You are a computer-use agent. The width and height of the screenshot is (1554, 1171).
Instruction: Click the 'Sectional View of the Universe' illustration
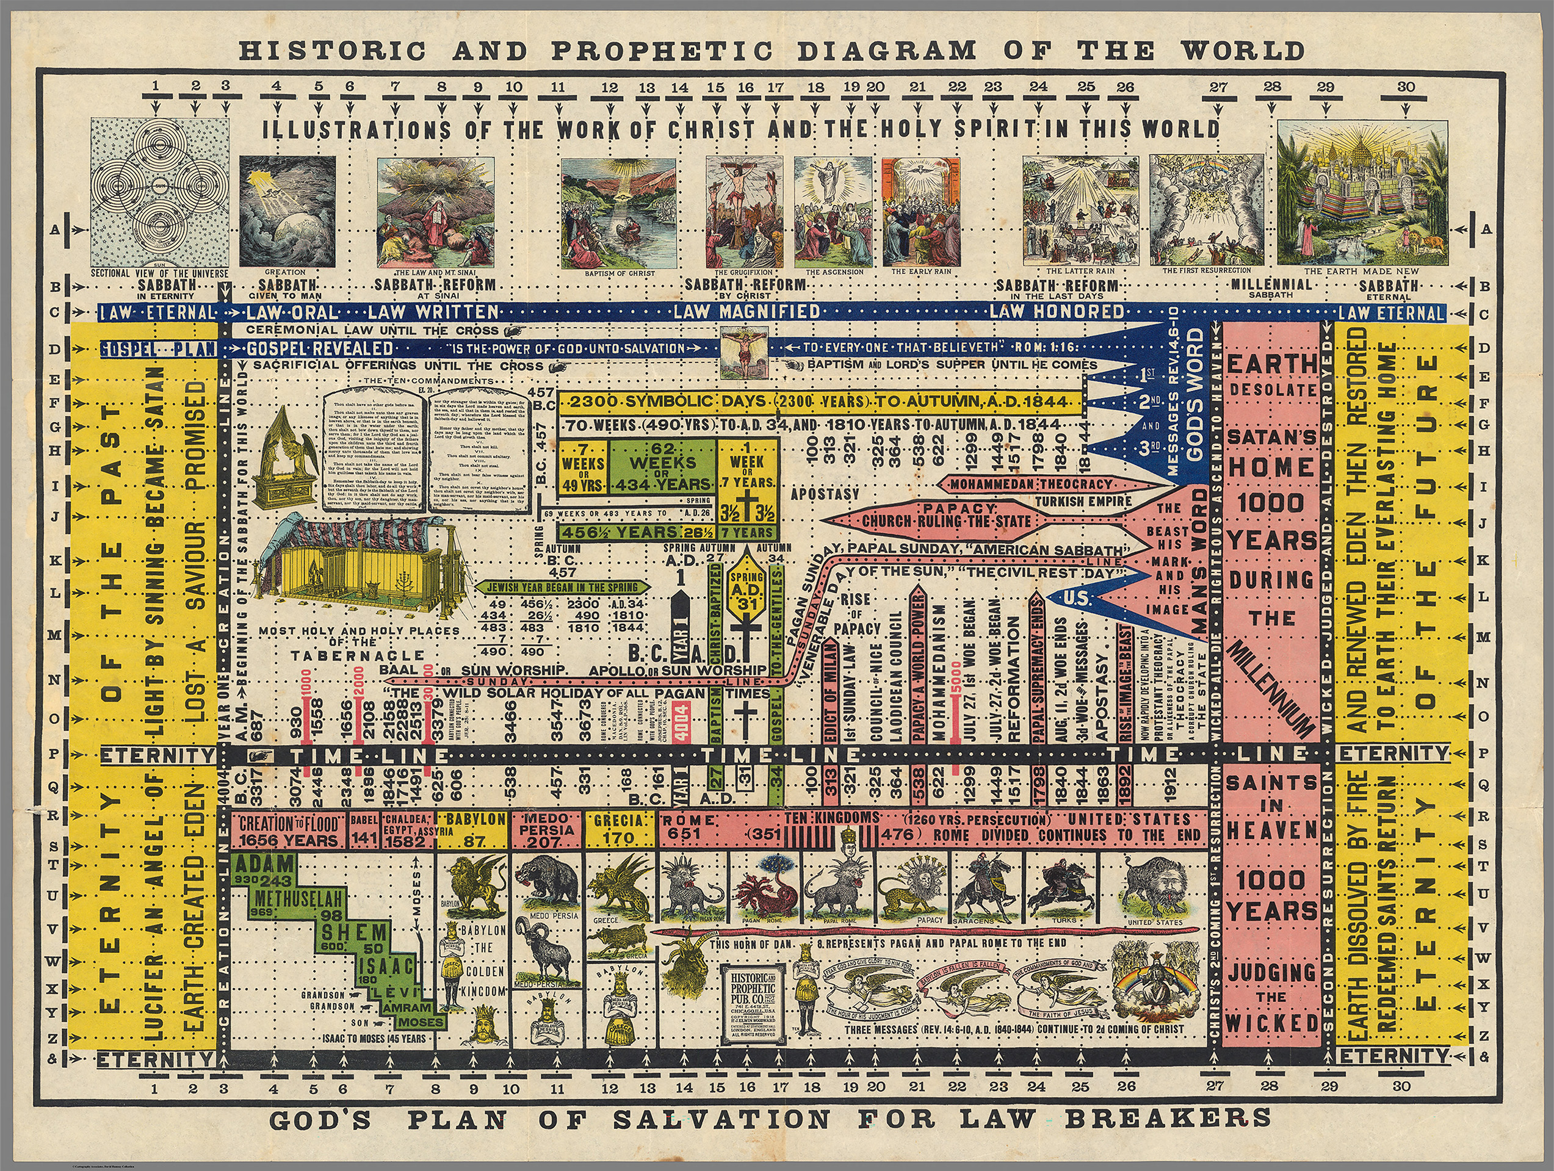coord(160,191)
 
